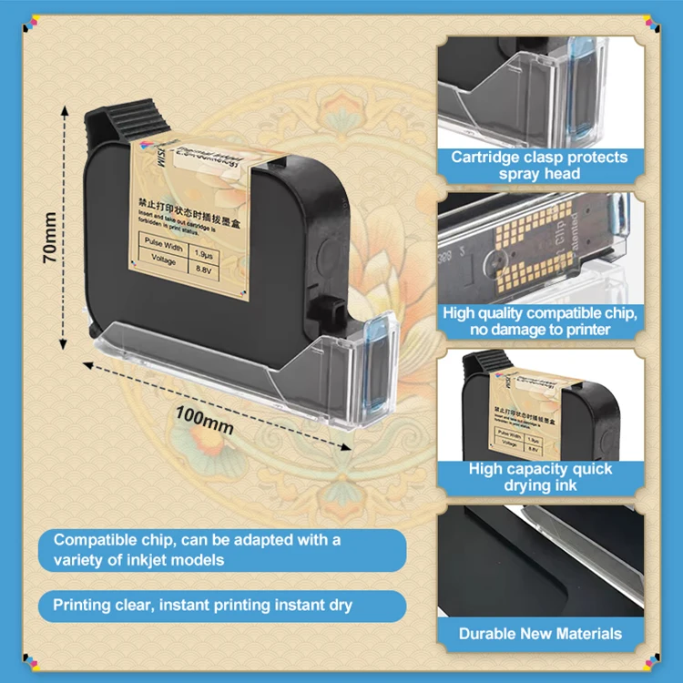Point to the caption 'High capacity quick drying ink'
tap(540, 477)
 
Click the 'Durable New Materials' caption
tap(540, 633)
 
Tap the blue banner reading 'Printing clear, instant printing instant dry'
tap(202, 605)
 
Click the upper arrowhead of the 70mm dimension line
tap(65, 107)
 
